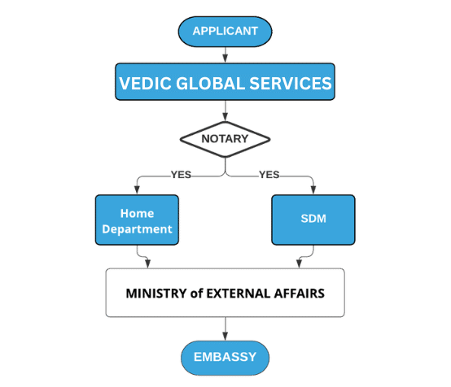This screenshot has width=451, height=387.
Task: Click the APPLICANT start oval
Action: [225, 32]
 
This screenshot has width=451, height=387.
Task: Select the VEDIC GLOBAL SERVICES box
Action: [225, 82]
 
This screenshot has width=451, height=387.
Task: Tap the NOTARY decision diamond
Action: [225, 139]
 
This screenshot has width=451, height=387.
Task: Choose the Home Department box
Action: [137, 220]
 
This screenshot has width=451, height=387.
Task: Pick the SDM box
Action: [313, 220]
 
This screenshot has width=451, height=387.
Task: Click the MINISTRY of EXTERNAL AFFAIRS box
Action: [225, 293]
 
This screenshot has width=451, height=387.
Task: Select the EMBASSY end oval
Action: [225, 358]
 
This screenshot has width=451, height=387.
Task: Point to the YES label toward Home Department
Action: [181, 175]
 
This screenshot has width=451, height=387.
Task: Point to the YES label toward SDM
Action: [269, 175]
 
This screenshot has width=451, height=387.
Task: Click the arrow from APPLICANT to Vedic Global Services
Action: [225, 54]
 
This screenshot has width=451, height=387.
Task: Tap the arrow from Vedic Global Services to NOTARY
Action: [225, 111]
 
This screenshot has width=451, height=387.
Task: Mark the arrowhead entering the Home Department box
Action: [137, 190]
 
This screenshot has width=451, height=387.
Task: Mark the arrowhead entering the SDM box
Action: [313, 190]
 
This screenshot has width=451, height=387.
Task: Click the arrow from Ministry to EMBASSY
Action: [225, 329]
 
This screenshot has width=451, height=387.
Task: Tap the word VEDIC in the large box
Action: [145, 84]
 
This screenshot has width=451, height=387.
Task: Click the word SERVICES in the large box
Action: [291, 84]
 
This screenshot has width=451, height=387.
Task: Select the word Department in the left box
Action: [137, 229]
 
